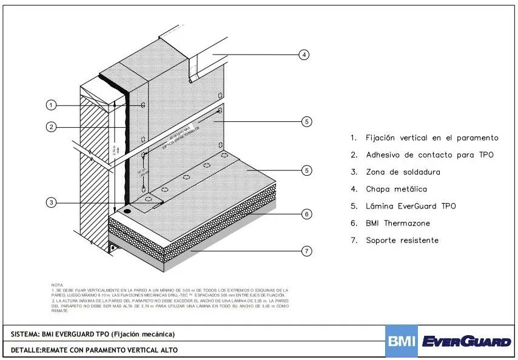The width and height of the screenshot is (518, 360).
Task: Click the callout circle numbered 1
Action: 52,105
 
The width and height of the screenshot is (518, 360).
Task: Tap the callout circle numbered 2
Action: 52,127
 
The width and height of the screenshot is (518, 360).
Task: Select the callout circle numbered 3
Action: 52,203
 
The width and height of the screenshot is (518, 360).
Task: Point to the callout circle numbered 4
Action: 304,55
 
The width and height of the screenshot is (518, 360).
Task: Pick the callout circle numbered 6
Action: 307,213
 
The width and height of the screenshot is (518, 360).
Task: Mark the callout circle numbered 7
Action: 307,250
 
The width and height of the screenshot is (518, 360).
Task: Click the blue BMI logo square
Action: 402,341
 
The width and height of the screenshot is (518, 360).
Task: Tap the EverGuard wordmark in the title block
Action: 466,342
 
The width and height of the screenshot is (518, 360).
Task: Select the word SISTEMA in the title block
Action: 25,334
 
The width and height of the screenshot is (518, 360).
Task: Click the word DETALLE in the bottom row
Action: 25,350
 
